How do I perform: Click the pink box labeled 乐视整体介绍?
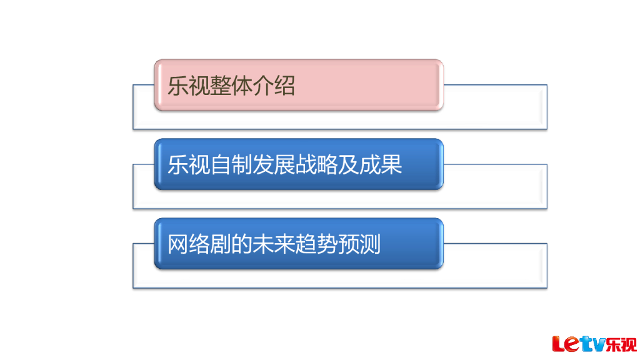(x=299, y=85)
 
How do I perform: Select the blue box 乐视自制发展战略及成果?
(x=299, y=164)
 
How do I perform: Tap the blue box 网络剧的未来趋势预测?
(x=299, y=244)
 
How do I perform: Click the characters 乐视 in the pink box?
(x=188, y=86)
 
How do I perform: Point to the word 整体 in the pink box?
(x=231, y=86)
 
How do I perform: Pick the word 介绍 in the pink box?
(x=273, y=86)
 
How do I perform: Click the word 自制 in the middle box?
(x=231, y=165)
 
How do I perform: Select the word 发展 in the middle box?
(x=273, y=165)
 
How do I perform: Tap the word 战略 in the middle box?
(x=316, y=165)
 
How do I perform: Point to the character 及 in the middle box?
(x=348, y=165)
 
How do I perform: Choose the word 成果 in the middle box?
(x=380, y=165)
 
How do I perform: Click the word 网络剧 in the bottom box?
(x=199, y=244)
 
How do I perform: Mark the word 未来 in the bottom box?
(x=274, y=244)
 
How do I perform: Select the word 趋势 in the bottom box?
(x=316, y=244)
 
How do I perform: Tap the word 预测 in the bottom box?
(x=359, y=244)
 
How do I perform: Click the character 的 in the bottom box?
(x=241, y=244)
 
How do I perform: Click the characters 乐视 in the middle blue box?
(x=188, y=165)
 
